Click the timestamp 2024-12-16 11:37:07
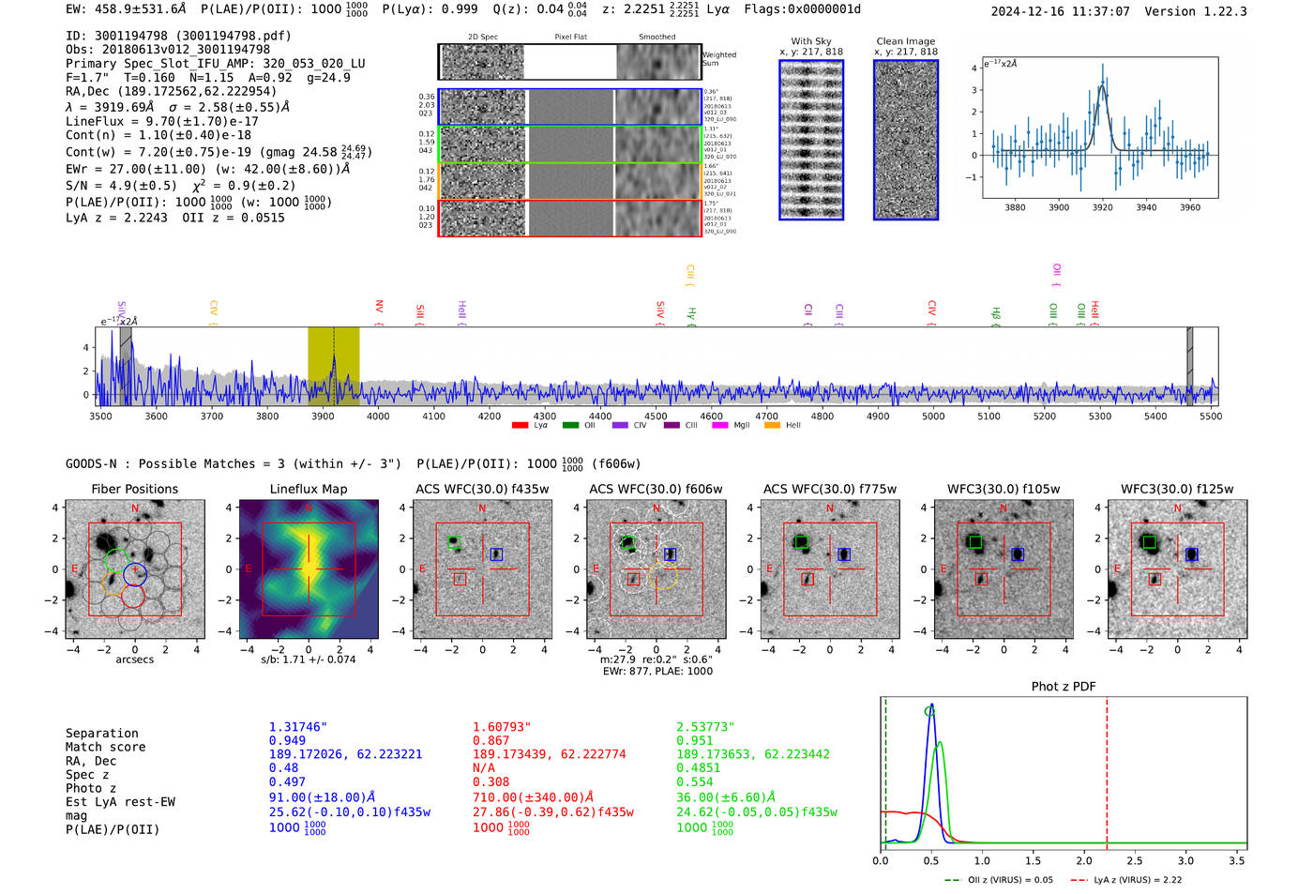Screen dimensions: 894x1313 tap(1060, 11)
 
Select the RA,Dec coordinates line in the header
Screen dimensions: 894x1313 tap(171, 92)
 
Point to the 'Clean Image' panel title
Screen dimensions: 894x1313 tap(905, 41)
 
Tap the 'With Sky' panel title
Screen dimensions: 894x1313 tap(810, 41)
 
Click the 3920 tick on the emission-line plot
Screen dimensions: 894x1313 tap(1102, 207)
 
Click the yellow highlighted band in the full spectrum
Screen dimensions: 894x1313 tap(333, 366)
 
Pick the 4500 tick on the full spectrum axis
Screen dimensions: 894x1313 tap(656, 417)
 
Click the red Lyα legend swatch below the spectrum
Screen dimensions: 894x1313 tap(520, 426)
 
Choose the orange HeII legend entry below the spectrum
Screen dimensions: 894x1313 tap(773, 426)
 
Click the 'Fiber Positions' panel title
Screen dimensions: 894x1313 tap(134, 489)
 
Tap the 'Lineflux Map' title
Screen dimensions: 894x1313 tap(308, 489)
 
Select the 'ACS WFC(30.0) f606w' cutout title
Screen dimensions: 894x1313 tap(656, 489)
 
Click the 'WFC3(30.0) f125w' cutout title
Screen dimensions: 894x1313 tap(1177, 489)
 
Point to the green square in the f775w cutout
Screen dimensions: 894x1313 tap(801, 542)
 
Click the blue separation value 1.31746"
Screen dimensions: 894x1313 tap(297, 727)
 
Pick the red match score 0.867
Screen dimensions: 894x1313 tap(490, 741)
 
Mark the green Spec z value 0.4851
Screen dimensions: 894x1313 tap(698, 767)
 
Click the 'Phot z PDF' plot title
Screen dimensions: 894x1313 tap(1063, 687)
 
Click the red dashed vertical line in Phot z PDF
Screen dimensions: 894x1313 tap(1107, 769)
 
